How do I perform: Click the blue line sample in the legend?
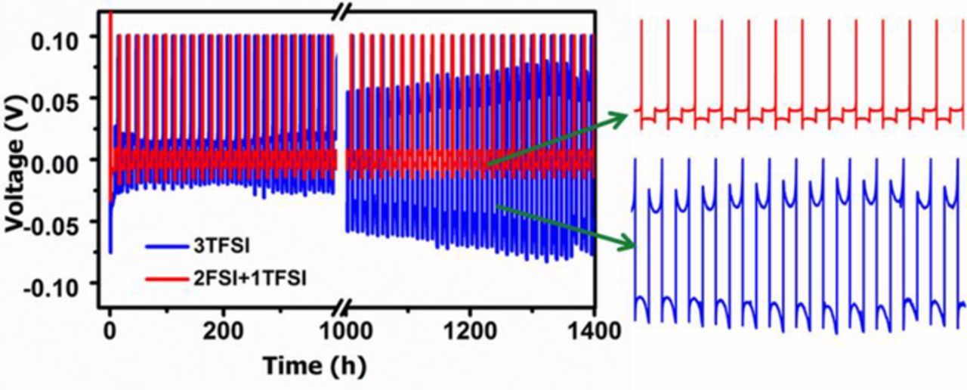click(168, 246)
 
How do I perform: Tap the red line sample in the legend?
click(168, 280)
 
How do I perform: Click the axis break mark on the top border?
click(342, 10)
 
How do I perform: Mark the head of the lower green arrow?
click(632, 243)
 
